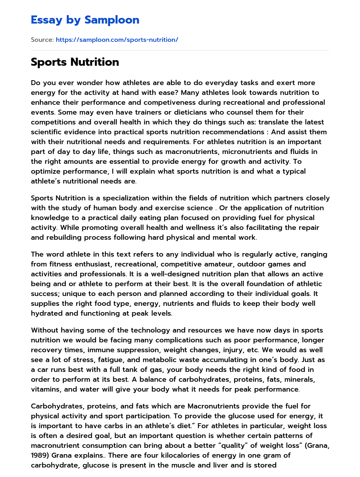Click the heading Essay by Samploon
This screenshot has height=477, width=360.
tap(85, 20)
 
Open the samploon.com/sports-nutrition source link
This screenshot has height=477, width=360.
tap(117, 40)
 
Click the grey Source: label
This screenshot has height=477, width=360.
tap(42, 40)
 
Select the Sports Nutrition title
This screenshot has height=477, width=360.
tap(75, 62)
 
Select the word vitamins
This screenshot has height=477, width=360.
tap(45, 389)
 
